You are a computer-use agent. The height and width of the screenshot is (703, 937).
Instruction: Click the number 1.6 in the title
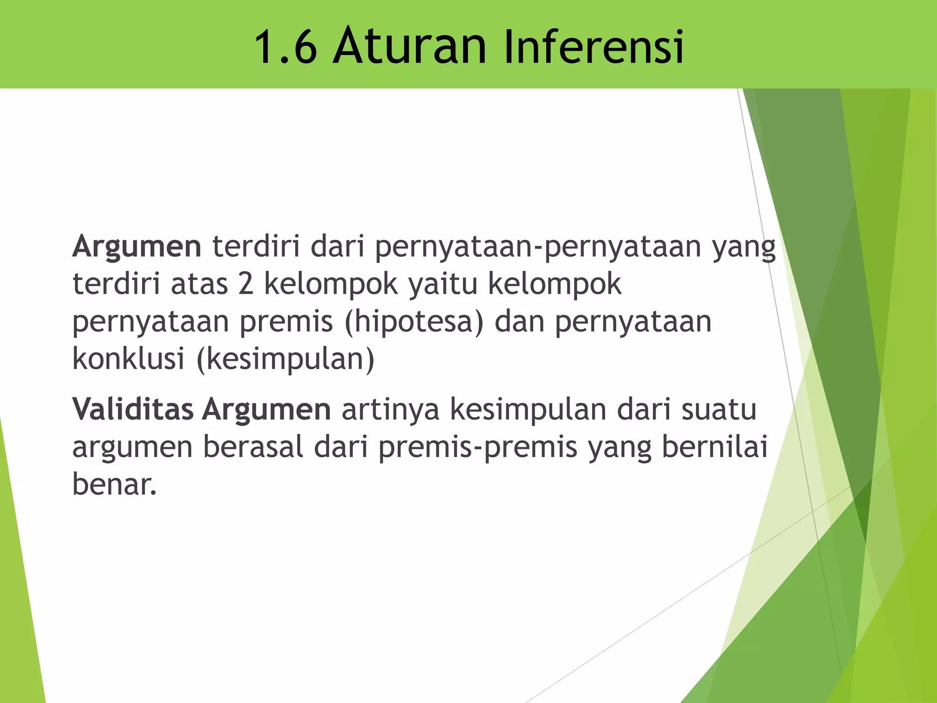(285, 47)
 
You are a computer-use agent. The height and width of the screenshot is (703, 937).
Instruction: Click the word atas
(199, 284)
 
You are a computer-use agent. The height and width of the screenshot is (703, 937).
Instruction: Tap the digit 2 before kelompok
(246, 284)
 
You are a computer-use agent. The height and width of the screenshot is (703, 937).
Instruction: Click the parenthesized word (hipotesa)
(414, 322)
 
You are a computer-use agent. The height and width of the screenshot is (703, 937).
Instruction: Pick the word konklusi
(129, 358)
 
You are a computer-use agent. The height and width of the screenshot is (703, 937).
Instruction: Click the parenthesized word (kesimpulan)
(285, 359)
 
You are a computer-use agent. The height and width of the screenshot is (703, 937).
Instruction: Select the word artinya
(390, 410)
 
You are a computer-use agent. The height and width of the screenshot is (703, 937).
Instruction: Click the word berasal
(253, 447)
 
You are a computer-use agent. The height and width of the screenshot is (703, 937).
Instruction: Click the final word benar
(114, 484)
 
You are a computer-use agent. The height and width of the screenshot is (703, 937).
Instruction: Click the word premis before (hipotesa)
(286, 322)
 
